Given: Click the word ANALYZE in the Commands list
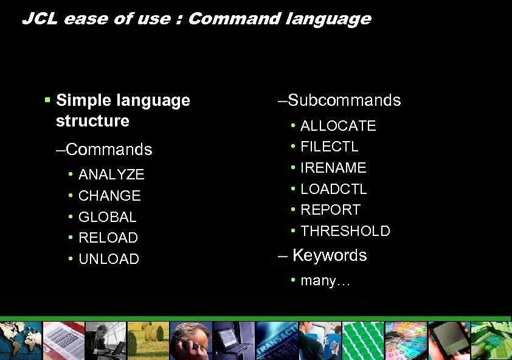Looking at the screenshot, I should coord(111,175).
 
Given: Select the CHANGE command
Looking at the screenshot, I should coord(109,196).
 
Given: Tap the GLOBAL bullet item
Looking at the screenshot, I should coord(108,217).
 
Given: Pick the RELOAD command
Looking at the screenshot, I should coord(108,238).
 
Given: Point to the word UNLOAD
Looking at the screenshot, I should coord(109,259).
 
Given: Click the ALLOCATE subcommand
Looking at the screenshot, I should coord(338,126).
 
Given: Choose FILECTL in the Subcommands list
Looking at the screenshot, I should coord(330,147).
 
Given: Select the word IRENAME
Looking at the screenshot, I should coord(333,168).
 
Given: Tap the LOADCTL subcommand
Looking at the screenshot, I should coord(334,189).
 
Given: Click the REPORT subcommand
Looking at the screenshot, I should coord(330,210).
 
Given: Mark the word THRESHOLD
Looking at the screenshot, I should coord(345,231).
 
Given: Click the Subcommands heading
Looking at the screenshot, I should coord(344,100).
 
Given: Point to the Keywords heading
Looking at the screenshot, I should coord(329,255).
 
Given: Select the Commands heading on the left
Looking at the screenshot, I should coord(108,150).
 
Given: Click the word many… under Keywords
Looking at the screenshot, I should coord(325,281).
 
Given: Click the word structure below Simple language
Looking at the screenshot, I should coord(92,121).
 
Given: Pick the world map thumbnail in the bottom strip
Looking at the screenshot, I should coord(21,341).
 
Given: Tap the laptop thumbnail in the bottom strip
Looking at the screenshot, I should coord(234,341).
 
